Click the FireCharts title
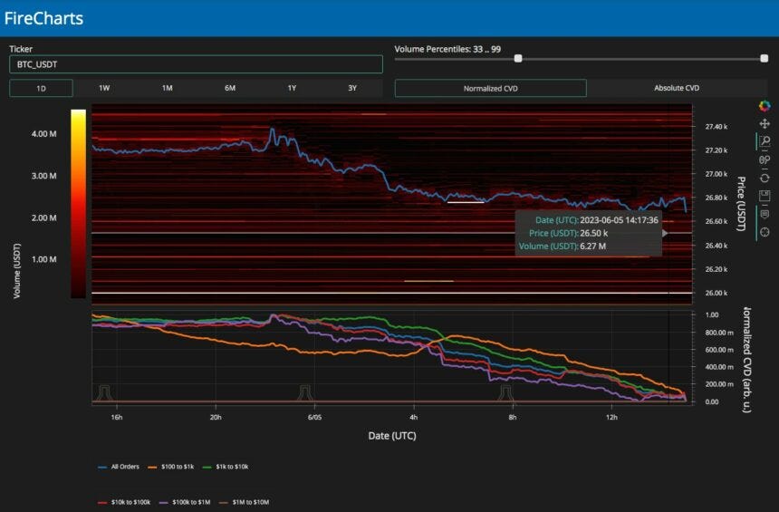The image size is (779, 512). [43, 18]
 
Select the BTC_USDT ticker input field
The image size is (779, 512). [196, 64]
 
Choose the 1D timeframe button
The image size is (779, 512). [41, 88]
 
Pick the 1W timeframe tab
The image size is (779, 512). [104, 88]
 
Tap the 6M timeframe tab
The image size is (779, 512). [230, 88]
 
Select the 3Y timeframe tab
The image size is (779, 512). [351, 88]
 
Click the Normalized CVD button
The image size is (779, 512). [490, 88]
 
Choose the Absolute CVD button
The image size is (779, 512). [677, 88]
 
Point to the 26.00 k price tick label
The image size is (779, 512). [716, 293]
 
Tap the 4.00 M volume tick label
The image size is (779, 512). [44, 133]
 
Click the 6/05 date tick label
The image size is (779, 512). [314, 418]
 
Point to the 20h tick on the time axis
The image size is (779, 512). [216, 418]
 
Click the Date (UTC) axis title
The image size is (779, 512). [392, 436]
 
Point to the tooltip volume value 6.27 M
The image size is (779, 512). [594, 246]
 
